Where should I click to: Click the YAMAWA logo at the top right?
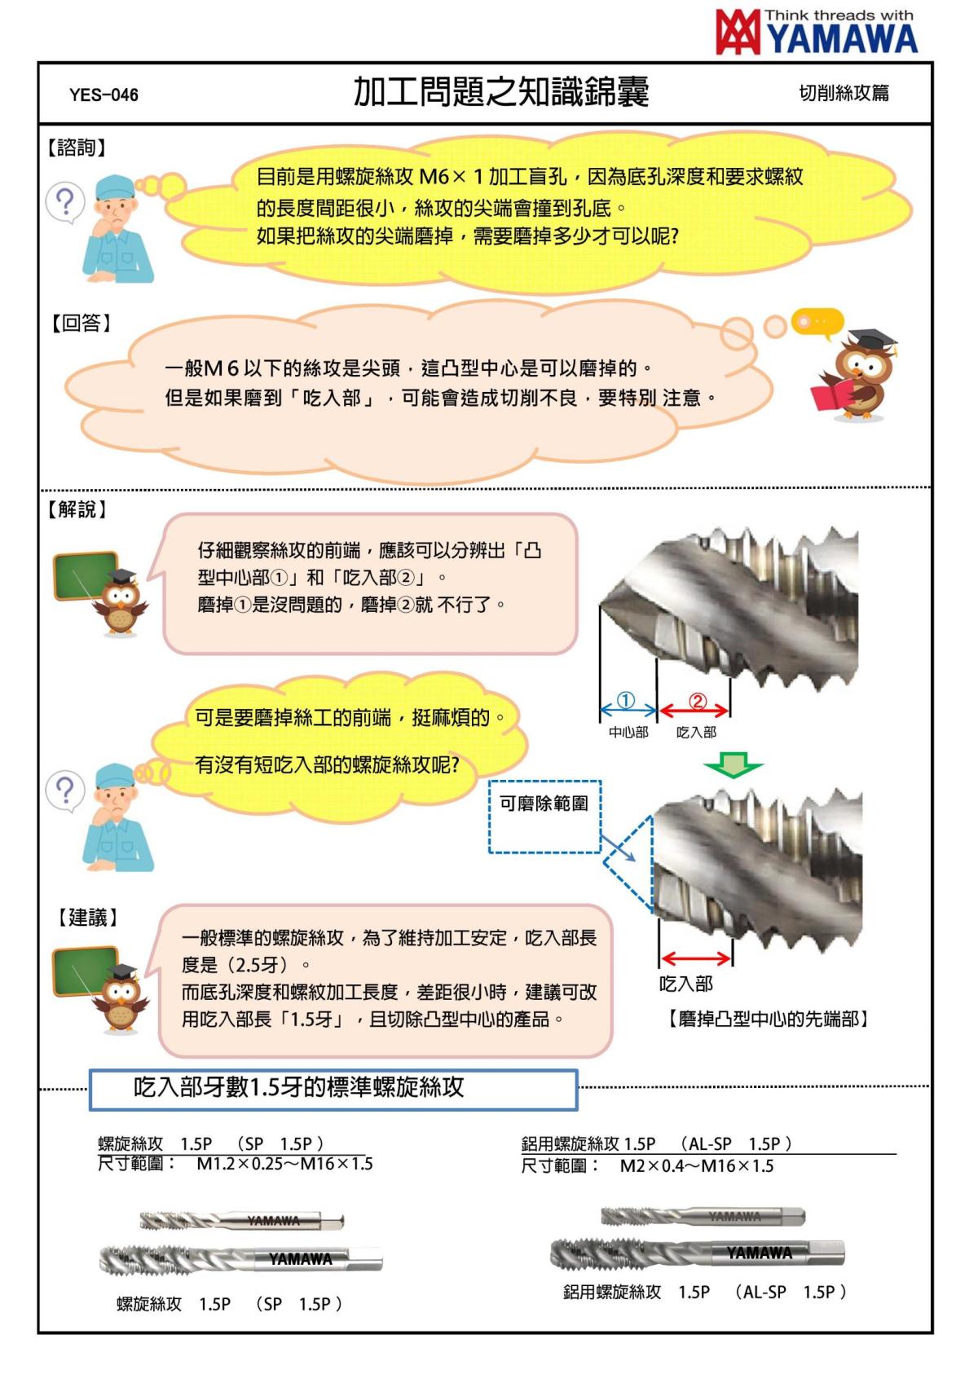(817, 33)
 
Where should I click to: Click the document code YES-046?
(104, 95)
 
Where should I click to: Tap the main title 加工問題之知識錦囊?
(500, 92)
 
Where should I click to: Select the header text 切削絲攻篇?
(844, 93)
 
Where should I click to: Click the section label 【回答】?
(81, 323)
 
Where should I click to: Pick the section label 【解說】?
(77, 509)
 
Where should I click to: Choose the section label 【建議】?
(87, 918)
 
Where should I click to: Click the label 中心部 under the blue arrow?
(628, 733)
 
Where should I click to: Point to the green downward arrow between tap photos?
(733, 767)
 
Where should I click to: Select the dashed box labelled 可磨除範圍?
(544, 816)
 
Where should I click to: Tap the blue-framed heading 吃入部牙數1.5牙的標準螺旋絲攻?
(333, 1089)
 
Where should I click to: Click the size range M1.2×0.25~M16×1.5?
(284, 1164)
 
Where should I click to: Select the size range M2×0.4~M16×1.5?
(696, 1166)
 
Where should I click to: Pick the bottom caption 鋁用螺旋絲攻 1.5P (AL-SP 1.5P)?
(705, 1293)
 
